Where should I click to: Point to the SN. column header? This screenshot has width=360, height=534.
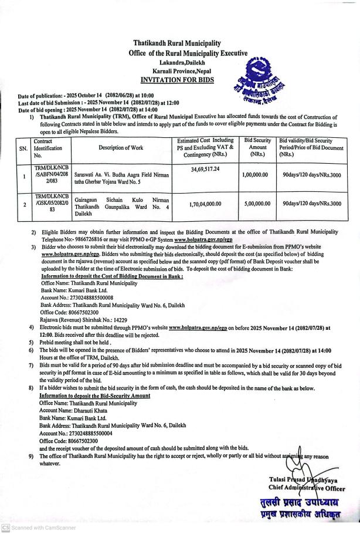pyautogui.click(x=23, y=149)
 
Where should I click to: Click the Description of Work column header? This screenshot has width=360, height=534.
pyautogui.click(x=121, y=147)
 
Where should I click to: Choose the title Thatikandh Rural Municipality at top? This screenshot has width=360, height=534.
pyautogui.click(x=176, y=43)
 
